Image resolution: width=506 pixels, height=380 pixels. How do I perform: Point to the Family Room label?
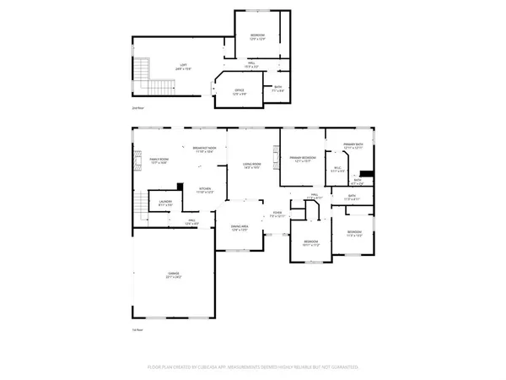coord(159,161)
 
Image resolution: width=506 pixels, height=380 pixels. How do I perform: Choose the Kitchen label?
coord(205,191)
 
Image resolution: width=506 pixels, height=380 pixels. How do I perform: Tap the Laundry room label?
coord(166,204)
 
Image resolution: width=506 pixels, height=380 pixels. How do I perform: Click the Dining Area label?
coord(240,228)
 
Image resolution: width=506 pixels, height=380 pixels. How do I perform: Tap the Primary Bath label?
coord(353,146)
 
